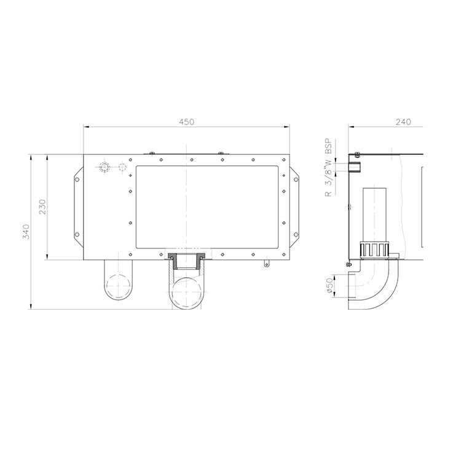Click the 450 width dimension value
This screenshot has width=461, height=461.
click(x=186, y=122)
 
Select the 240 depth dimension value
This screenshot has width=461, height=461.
click(x=403, y=122)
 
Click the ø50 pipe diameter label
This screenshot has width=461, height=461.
click(x=329, y=286)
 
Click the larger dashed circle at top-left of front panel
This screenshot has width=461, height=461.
click(x=104, y=167)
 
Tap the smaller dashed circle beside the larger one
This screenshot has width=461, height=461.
click(x=122, y=167)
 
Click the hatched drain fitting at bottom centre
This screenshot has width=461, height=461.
click(x=185, y=261)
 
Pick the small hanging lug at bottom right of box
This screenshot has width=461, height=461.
click(x=266, y=264)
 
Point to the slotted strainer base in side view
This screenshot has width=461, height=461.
click(x=375, y=251)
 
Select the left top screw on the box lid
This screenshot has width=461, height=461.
click(x=151, y=152)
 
